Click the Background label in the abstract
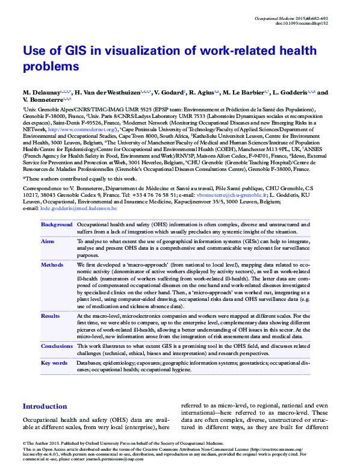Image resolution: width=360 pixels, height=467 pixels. tap(57, 224)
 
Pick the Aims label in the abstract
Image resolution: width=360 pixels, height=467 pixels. tap(48, 240)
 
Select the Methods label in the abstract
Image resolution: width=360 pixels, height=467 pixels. tap(52, 264)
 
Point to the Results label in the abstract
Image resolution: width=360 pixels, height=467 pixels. tap(51, 315)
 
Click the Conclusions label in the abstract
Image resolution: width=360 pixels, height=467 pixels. tap(57, 346)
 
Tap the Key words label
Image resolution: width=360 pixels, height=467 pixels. tap(54, 363)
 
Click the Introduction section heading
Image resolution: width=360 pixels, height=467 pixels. tap(45, 407)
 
